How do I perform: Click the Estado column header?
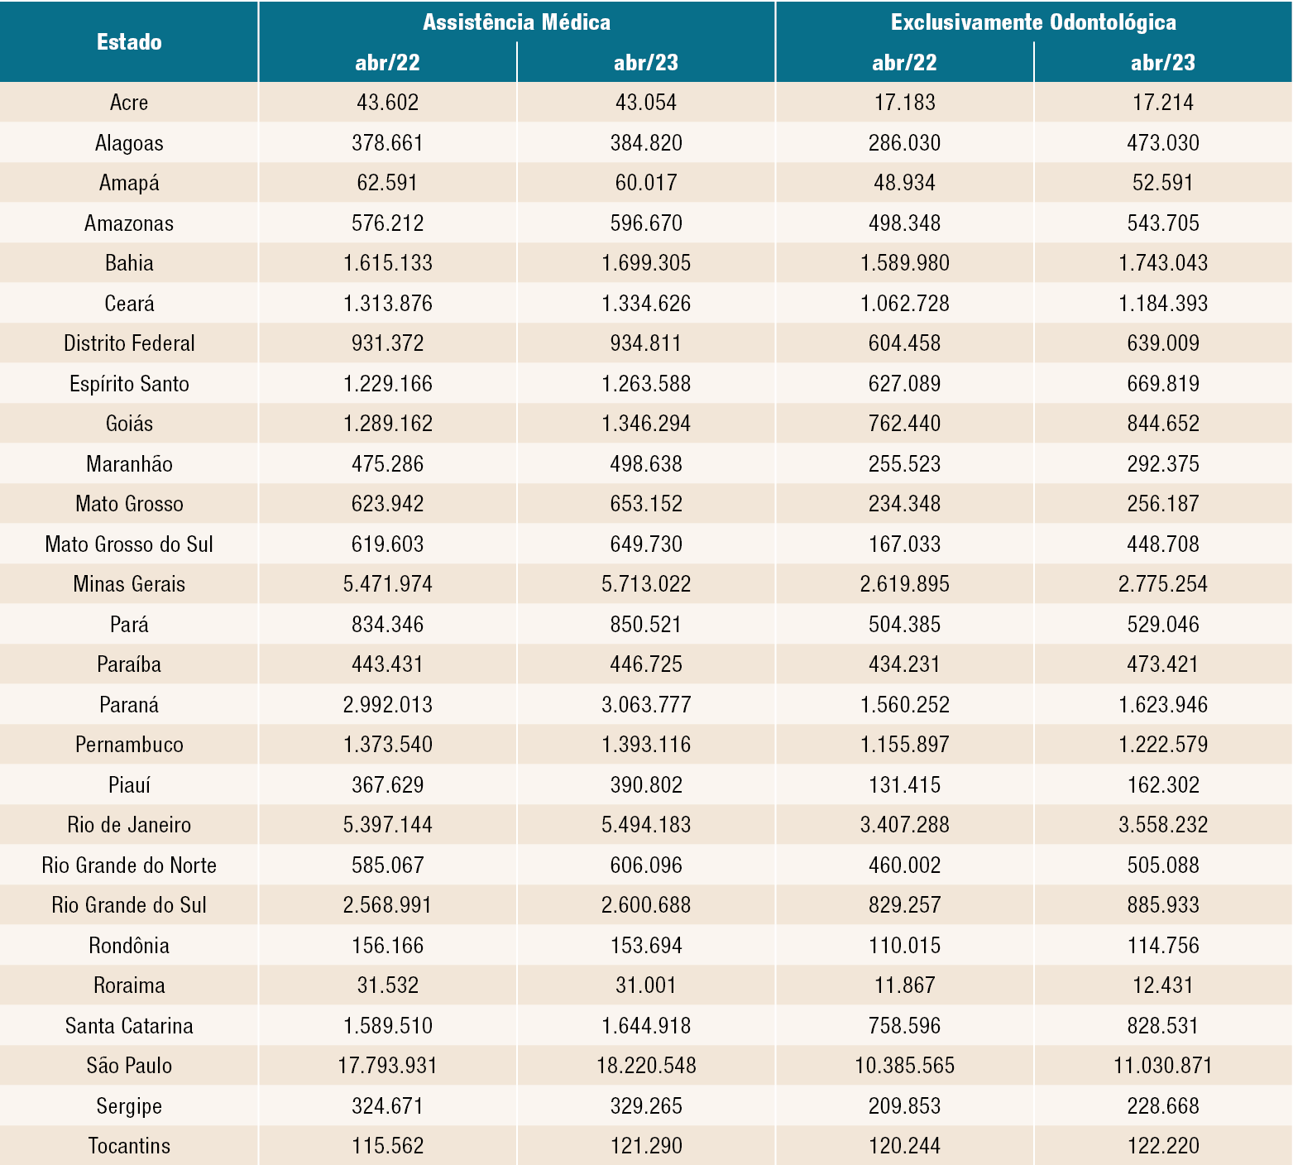click(129, 42)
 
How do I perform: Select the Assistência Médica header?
click(516, 22)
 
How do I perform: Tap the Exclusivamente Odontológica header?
click(1033, 22)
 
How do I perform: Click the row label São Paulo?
click(129, 1066)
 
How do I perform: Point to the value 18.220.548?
click(646, 1066)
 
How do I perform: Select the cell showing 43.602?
click(388, 103)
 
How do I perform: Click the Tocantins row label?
click(129, 1146)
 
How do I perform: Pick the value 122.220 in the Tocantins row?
click(1163, 1146)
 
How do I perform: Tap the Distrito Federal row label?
click(129, 343)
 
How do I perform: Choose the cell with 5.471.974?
click(388, 584)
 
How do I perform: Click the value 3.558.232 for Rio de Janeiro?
click(1163, 825)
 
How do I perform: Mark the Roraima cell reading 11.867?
click(905, 985)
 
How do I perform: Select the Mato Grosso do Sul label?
click(129, 544)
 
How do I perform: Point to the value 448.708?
click(1163, 544)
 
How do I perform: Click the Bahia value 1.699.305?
click(646, 263)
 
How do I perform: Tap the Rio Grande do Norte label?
click(129, 865)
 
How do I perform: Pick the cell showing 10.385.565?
click(905, 1066)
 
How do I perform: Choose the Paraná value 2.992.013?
click(388, 705)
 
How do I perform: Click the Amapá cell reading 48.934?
click(905, 183)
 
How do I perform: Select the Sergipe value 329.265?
click(646, 1106)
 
